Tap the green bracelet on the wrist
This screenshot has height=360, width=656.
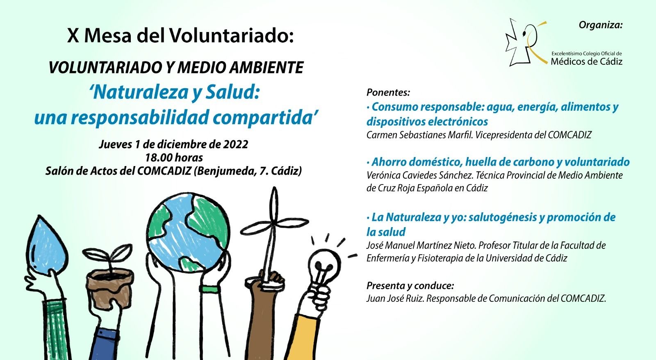click(211, 289)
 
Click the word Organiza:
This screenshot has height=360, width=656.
click(600, 25)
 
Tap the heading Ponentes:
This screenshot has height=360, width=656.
click(388, 92)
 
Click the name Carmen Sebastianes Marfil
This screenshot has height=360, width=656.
click(419, 135)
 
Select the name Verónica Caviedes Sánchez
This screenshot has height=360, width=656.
click(420, 175)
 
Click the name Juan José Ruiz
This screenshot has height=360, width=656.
click(395, 298)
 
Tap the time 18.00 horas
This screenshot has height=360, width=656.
click(173, 157)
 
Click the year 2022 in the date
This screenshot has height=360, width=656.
click(235, 144)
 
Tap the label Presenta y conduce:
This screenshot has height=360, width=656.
click(410, 285)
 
